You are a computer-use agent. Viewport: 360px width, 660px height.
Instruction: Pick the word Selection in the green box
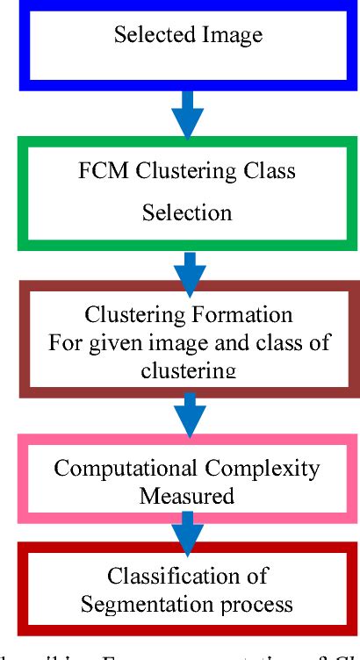[x=189, y=212]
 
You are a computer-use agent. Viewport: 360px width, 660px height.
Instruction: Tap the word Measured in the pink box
[x=186, y=495]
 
